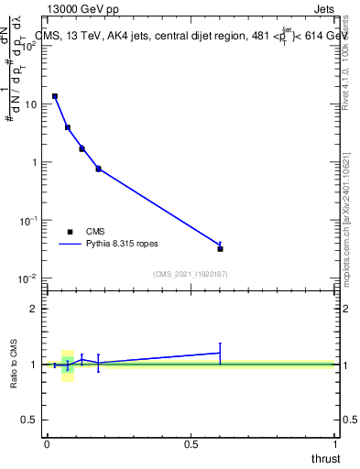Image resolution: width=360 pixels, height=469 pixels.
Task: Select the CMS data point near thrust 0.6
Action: click(220, 248)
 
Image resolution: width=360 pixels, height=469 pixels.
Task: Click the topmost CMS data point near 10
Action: click(55, 96)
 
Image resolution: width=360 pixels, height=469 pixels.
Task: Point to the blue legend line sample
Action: click(71, 245)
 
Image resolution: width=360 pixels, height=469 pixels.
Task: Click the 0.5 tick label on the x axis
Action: click(191, 444)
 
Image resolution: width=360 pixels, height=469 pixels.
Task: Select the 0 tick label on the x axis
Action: click(47, 444)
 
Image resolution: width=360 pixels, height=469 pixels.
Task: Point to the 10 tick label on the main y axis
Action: click(30, 104)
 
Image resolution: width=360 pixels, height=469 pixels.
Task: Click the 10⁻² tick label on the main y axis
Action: click(28, 278)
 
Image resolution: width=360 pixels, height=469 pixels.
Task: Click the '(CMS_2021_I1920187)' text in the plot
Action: click(190, 274)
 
